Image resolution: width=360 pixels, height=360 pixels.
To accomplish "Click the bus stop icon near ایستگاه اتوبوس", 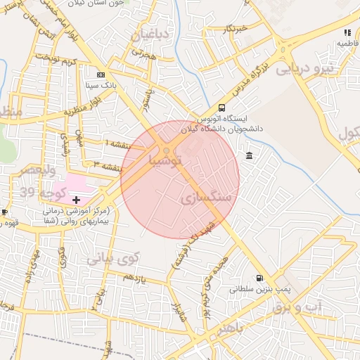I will pos(222,108).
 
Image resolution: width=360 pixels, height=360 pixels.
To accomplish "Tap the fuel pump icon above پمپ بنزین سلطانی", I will pos(261,278).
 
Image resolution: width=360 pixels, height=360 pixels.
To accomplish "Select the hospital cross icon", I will pos(77,200).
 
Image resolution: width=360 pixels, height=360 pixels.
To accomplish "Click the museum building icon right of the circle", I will pos(250,155).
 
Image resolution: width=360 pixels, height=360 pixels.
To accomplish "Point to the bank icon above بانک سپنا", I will pos(101,74).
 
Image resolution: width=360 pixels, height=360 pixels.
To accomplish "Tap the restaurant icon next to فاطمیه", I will pos(347,32).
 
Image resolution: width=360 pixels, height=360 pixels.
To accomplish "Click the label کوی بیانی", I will pos(113,259).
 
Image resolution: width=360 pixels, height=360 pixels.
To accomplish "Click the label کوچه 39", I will pos(44,193).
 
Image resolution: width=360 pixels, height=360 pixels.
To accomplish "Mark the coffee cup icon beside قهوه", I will pos(4,212).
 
